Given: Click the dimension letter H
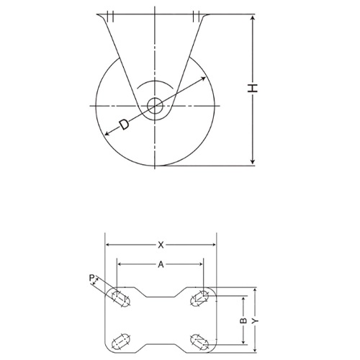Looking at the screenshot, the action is tap(253, 88).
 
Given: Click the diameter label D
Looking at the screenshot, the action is tap(125, 125).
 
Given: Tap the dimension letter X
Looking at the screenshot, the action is tap(161, 245).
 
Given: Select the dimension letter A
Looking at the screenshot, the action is tap(161, 264).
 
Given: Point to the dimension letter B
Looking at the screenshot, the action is tap(243, 320).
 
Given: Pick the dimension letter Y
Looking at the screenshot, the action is tap(256, 320).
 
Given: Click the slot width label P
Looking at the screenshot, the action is tap(91, 279).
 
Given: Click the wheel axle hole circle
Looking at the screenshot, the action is tap(155, 106).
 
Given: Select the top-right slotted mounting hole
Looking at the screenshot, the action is tap(199, 298).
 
